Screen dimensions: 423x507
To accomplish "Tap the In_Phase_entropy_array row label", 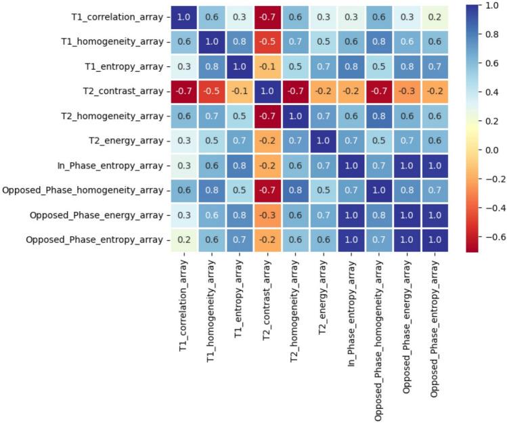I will click(x=108, y=165).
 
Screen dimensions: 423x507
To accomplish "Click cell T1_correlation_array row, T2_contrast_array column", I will click(x=265, y=16).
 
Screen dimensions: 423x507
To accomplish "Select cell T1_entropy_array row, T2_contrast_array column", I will click(x=265, y=66).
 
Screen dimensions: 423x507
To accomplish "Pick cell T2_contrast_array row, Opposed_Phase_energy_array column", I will click(x=414, y=91).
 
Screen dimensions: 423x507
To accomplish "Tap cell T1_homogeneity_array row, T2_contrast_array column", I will click(x=265, y=41).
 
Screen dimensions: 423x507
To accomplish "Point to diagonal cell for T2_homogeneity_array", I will click(x=290, y=116).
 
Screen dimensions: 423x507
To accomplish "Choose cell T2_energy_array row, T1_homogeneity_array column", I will click(x=215, y=141).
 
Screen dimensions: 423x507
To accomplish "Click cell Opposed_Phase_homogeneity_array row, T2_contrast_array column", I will click(x=265, y=190).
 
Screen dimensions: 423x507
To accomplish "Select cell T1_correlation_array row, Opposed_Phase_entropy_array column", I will click(x=439, y=16).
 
